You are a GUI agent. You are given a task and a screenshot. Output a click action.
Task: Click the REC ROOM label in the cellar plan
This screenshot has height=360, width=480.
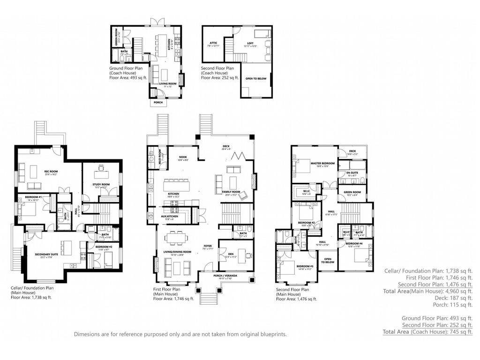[51, 172]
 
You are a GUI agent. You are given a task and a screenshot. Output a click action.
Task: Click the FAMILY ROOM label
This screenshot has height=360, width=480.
[232, 191]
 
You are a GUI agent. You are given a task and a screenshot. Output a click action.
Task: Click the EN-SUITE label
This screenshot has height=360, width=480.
[352, 173]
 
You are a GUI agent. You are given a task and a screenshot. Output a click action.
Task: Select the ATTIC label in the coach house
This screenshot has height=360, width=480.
[213, 43]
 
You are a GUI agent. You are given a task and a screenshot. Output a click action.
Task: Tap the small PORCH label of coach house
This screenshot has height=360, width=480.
[158, 103]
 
